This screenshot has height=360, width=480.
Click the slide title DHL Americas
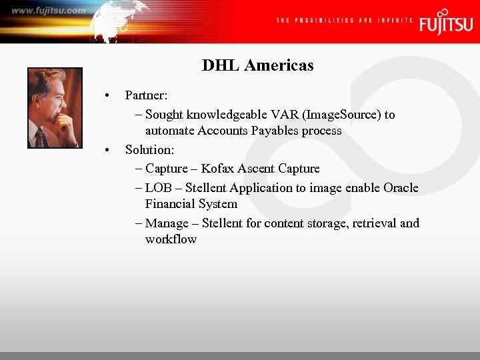(x=257, y=65)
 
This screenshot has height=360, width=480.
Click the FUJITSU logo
(x=445, y=23)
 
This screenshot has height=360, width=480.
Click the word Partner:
(x=150, y=95)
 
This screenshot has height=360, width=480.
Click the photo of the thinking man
(x=55, y=107)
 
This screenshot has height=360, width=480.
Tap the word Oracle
(x=401, y=188)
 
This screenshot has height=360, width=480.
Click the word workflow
(x=171, y=239)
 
